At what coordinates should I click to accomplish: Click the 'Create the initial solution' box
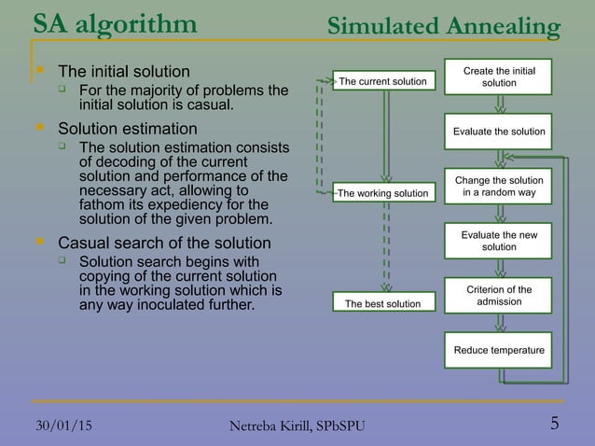click(x=499, y=77)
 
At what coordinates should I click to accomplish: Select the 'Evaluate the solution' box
click(x=499, y=132)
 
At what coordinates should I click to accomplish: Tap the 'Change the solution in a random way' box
click(x=499, y=186)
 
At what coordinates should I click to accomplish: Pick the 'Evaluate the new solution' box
click(x=499, y=240)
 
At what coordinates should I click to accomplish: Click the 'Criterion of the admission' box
click(x=499, y=296)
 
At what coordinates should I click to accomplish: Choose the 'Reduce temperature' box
click(x=499, y=350)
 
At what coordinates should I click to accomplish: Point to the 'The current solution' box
click(x=382, y=82)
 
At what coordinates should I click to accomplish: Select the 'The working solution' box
click(x=382, y=193)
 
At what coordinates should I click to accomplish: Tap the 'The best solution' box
click(x=382, y=303)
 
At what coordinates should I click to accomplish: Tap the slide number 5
click(x=555, y=424)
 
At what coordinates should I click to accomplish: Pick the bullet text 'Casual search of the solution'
click(x=165, y=244)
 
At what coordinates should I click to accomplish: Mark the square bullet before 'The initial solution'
click(x=38, y=71)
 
